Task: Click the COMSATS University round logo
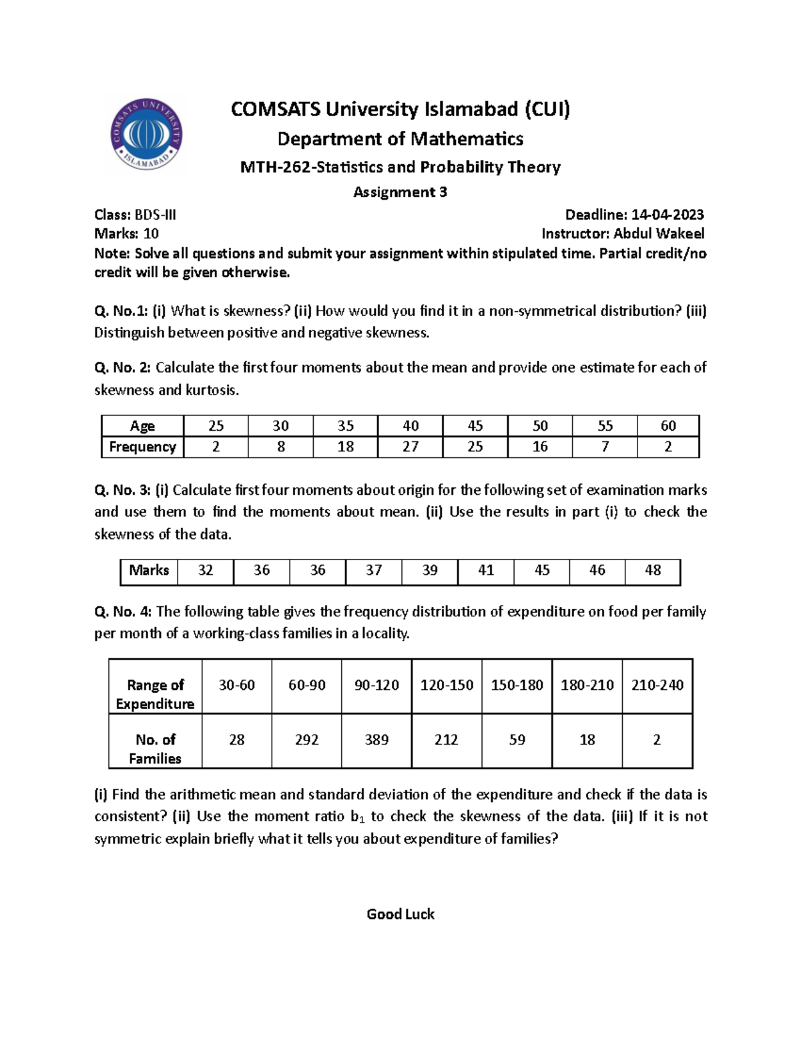146,134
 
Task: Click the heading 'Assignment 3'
400,192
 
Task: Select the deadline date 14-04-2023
667,214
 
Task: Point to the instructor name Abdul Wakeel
658,234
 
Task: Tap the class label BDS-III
156,214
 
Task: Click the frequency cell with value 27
410,447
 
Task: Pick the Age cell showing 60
667,426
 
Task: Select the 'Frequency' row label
142,447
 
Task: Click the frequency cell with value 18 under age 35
345,447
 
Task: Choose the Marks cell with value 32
206,570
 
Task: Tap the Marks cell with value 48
652,570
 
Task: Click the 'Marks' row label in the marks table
149,570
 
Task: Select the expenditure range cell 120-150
447,685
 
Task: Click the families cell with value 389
376,740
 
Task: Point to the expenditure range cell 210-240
657,685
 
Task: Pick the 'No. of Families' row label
155,749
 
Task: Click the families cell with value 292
306,740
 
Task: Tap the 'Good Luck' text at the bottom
400,914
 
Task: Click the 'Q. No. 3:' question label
123,490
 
